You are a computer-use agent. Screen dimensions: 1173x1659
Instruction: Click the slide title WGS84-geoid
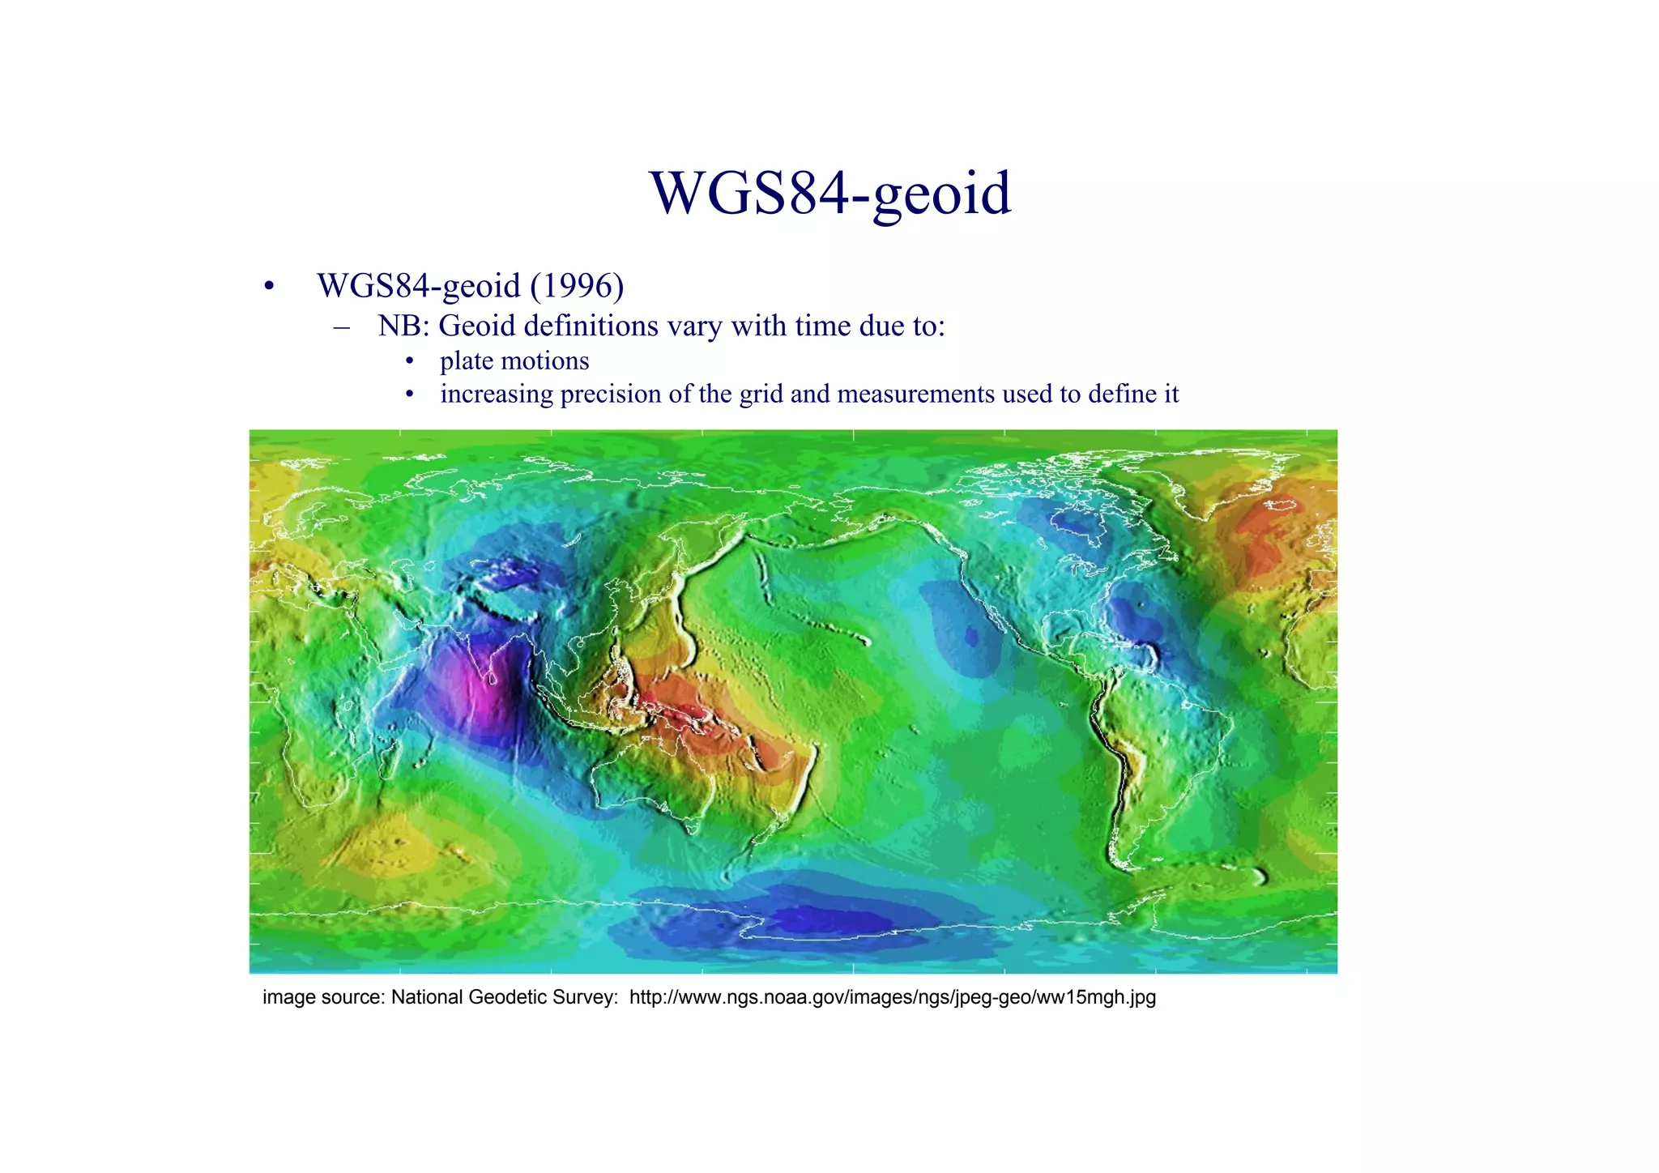pos(830,194)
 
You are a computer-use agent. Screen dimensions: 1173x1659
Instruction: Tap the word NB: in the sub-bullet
pos(407,326)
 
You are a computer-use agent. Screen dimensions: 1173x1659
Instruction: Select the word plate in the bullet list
pos(467,360)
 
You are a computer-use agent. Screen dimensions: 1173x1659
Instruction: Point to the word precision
pos(611,394)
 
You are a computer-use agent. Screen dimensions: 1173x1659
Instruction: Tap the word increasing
pos(496,394)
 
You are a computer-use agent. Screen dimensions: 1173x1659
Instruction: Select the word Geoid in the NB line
pos(477,326)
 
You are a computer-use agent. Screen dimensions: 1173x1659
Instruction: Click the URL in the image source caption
pos(892,997)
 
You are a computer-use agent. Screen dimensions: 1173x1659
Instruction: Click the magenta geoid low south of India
pos(478,689)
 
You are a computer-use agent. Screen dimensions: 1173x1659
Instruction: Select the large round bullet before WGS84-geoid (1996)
pos(269,287)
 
